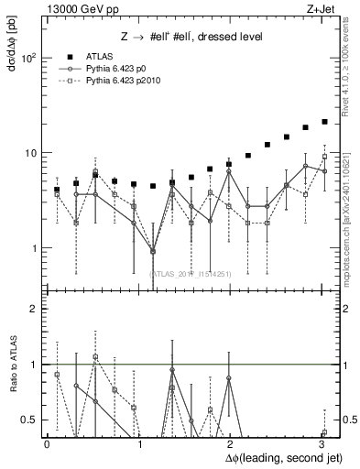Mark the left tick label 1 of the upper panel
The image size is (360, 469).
point(33,248)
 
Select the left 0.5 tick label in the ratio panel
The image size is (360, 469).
point(27,420)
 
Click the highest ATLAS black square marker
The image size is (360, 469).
point(324,121)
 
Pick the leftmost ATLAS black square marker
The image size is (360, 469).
point(57,190)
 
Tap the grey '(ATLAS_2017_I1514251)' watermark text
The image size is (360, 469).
point(191,273)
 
